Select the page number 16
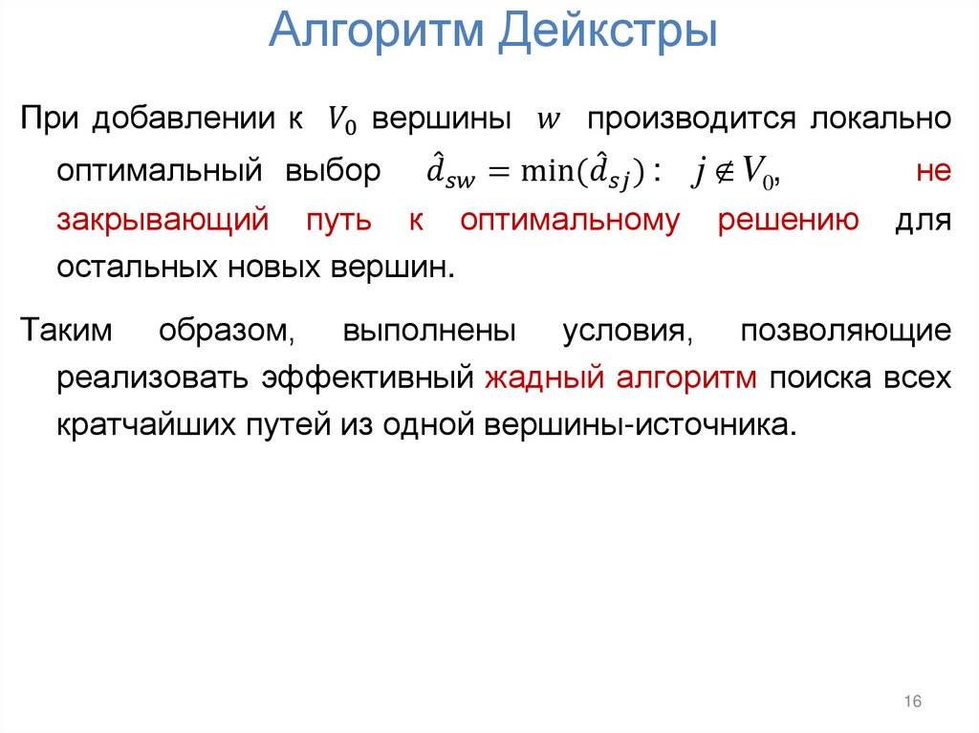click(911, 702)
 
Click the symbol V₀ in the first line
click(339, 119)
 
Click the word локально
click(881, 119)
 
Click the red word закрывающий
click(160, 221)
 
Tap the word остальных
click(137, 268)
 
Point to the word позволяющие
click(845, 330)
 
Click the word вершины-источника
click(638, 423)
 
